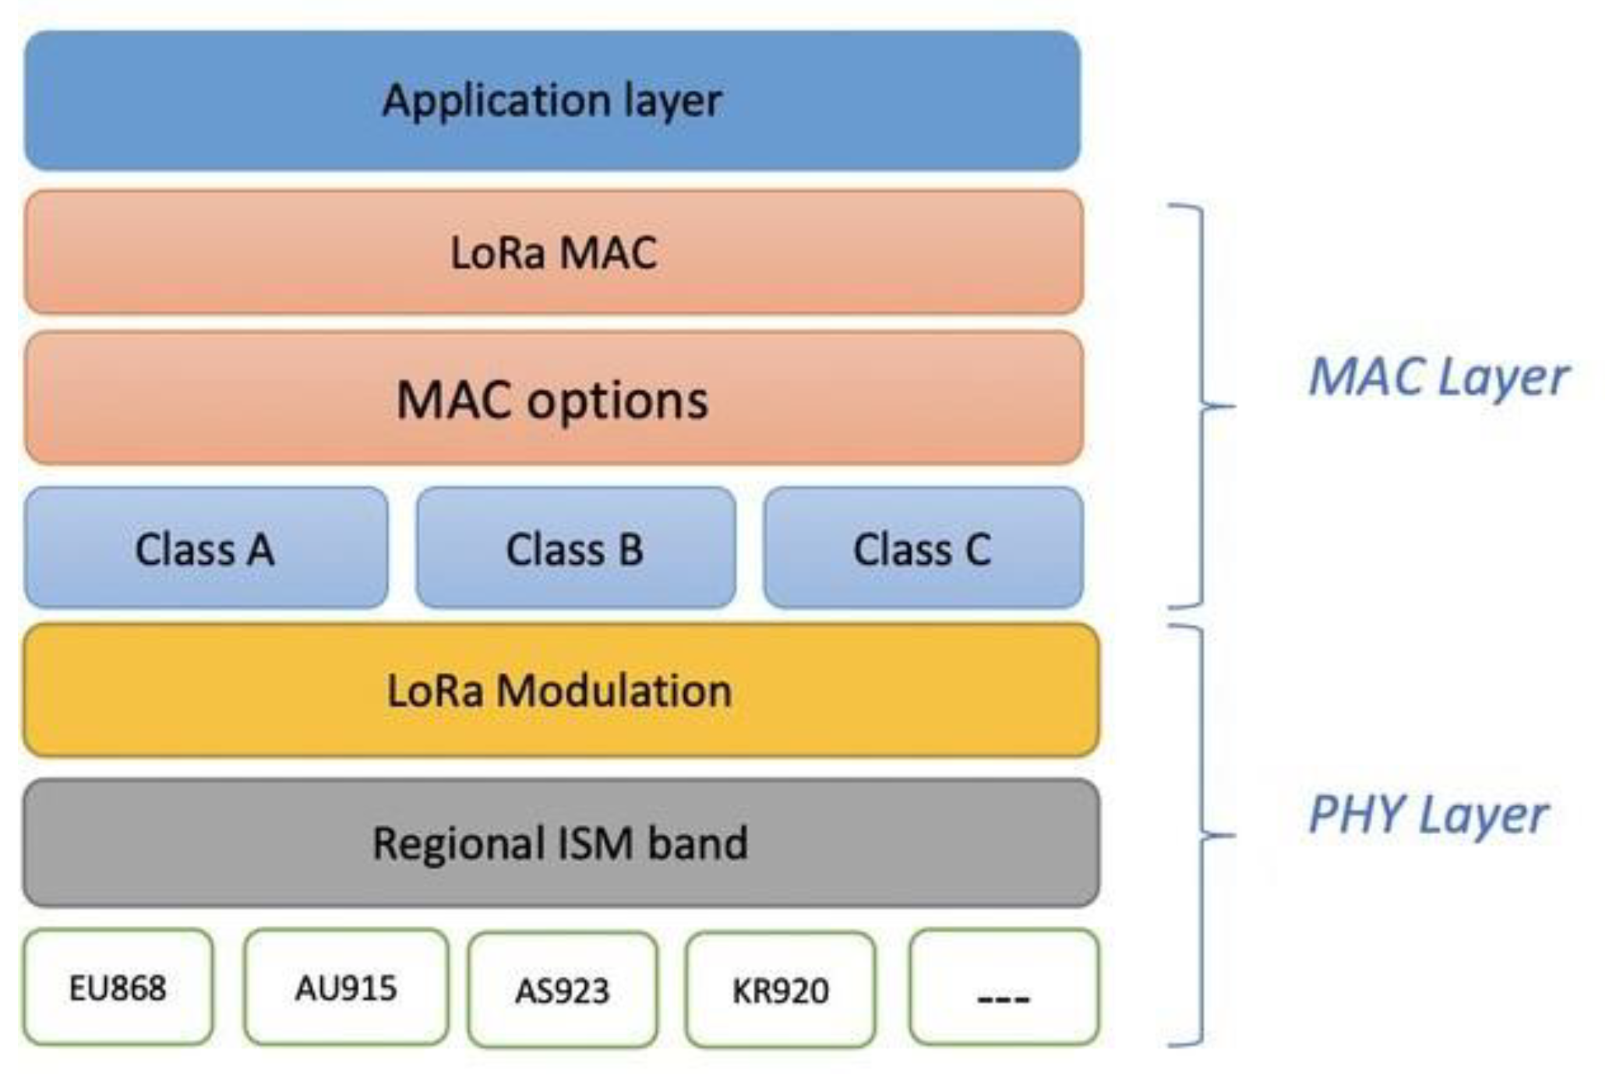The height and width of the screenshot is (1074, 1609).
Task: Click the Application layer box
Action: pos(552,101)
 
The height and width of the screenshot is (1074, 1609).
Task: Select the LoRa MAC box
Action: pos(553,253)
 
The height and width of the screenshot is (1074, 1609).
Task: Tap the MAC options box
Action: pos(553,400)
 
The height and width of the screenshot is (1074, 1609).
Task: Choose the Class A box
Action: pos(205,548)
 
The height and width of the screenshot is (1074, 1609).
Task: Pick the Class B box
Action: pos(575,548)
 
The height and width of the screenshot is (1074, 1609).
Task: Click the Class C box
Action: pos(923,548)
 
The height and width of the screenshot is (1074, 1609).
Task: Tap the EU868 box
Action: pos(118,988)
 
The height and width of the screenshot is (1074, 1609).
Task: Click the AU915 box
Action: pos(346,988)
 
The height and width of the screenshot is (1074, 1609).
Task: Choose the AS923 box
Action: pos(562,990)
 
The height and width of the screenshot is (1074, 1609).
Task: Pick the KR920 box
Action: pos(780,990)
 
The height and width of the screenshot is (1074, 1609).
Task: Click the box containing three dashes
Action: pos(1004,988)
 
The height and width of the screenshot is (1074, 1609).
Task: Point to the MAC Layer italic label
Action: pos(1438,378)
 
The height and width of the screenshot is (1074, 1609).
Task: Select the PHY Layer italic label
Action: pos(1427,815)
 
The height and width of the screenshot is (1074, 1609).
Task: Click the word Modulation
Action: pos(615,691)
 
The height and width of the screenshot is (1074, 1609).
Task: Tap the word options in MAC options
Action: pos(617,401)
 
